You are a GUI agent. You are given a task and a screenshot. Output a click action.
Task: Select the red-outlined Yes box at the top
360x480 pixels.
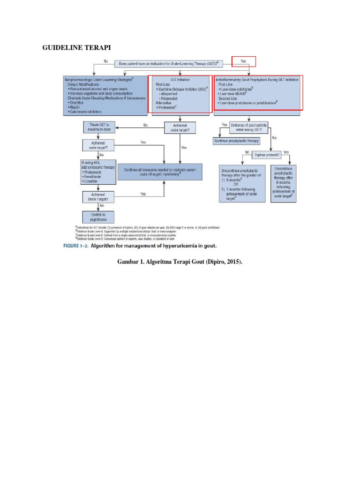pyautogui.click(x=244, y=61)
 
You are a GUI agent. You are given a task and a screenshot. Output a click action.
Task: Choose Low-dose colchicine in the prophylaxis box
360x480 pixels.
pyautogui.click(x=240, y=89)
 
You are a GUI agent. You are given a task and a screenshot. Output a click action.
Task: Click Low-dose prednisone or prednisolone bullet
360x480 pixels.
pyautogui.click(x=249, y=103)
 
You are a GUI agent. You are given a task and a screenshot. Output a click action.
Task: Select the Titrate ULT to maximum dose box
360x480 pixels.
pyautogui.click(x=99, y=127)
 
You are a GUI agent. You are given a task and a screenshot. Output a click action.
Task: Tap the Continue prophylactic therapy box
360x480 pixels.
pyautogui.click(x=236, y=141)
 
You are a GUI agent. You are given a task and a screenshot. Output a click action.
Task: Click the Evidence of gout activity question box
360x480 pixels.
pyautogui.click(x=254, y=127)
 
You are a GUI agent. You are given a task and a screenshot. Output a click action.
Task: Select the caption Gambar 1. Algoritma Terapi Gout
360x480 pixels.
pyautogui.click(x=180, y=262)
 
